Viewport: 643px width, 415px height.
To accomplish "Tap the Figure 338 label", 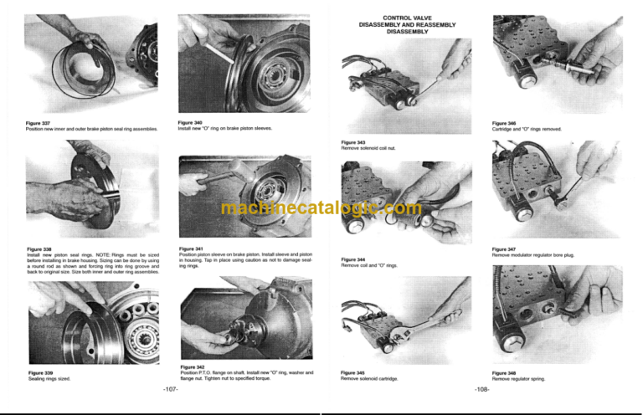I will click(x=39, y=248).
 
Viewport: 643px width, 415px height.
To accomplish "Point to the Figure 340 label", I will click(x=190, y=123).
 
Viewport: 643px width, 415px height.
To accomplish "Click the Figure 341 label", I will click(x=192, y=248).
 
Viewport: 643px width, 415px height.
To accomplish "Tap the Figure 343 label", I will click(x=353, y=143).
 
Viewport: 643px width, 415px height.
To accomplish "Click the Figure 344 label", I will click(x=353, y=259).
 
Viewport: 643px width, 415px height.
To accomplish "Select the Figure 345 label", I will click(x=353, y=372).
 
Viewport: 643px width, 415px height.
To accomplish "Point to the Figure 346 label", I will click(x=504, y=123).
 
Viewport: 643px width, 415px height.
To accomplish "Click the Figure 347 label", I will click(x=504, y=248).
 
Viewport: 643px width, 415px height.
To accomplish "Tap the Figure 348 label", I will click(x=504, y=372).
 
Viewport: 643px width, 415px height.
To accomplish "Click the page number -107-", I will click(x=169, y=389).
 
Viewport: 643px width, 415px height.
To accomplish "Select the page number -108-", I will click(x=482, y=389).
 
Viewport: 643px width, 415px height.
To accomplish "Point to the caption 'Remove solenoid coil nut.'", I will click(x=372, y=149).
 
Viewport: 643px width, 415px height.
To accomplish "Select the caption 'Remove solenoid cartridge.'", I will click(x=371, y=378).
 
